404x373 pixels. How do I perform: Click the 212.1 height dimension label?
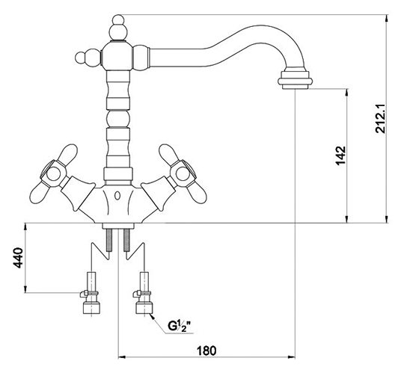(x=380, y=118)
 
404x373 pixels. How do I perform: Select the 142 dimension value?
(x=340, y=155)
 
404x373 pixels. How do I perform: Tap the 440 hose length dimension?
(x=18, y=258)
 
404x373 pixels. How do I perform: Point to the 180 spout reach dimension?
(x=206, y=351)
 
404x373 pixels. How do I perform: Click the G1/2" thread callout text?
(x=179, y=325)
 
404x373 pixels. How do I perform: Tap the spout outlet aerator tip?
(x=296, y=80)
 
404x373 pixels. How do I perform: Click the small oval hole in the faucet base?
(x=117, y=196)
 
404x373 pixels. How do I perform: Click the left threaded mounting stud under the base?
(x=109, y=240)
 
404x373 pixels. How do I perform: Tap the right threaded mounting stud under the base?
(x=126, y=240)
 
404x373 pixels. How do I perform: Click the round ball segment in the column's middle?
(x=117, y=118)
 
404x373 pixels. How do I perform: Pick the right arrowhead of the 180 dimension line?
(x=292, y=357)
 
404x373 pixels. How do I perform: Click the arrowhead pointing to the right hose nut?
(x=152, y=317)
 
